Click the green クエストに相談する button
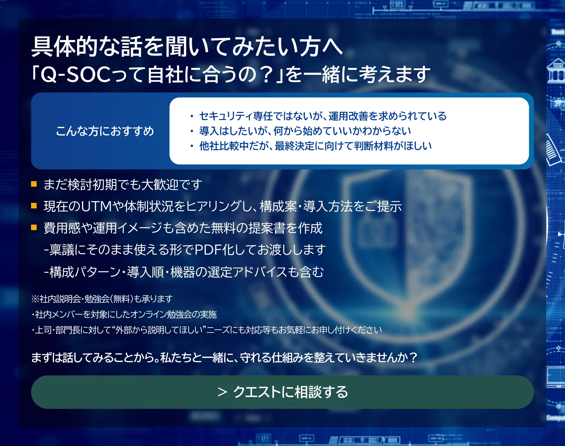282,392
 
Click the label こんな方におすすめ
105,131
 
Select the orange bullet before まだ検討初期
34,184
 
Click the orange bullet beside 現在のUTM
34,206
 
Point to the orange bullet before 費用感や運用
34,228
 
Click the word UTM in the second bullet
96,207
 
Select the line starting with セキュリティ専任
323,116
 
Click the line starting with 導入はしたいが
305,131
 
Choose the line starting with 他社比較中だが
315,146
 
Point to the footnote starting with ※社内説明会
102,299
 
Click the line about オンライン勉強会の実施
124,314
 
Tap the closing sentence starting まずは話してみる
224,358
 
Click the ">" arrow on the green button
223,392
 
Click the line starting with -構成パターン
184,272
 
